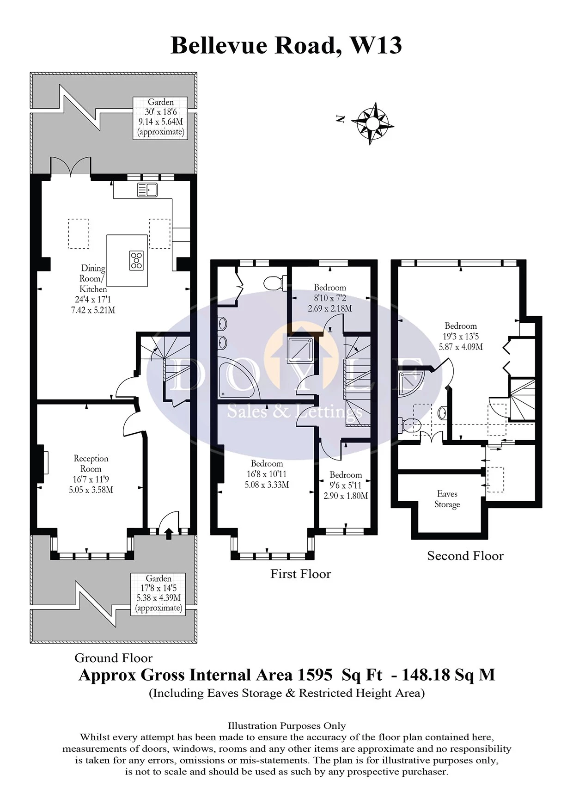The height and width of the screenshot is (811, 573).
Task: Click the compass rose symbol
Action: point(372,123)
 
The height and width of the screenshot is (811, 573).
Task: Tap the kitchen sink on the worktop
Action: point(147,190)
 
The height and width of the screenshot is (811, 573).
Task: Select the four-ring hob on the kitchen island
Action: point(137,260)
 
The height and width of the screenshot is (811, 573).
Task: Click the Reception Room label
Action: point(91,464)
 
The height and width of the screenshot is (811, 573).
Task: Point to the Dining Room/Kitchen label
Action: point(93,278)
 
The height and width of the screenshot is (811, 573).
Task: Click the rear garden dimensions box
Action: point(160,117)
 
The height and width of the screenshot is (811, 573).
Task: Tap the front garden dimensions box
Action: point(158,593)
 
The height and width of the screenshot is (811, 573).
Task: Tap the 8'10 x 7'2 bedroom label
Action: point(330,298)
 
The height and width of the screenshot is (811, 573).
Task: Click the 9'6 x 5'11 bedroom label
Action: point(346,485)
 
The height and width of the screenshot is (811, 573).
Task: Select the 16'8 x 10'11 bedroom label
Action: point(267,474)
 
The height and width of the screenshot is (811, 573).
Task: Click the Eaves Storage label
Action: point(447,499)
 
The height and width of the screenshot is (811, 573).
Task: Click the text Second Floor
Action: point(465,556)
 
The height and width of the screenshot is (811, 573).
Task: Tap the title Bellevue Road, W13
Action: point(286,45)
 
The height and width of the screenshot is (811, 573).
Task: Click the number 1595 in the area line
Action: point(315,675)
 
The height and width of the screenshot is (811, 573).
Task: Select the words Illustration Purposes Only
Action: point(286,726)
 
